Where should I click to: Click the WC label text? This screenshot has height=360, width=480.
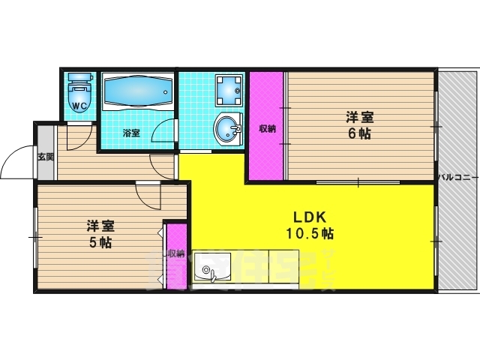pos(79,106)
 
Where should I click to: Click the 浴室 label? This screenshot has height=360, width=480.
pos(131,133)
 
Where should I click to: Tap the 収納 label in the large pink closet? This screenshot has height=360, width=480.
pos(267,128)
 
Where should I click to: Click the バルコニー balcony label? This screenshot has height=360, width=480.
pos(458,177)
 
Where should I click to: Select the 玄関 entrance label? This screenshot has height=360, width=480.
pos(45,157)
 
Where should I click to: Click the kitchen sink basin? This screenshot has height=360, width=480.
pos(209,271)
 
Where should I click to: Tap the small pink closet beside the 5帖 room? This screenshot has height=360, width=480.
pos(176,255)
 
